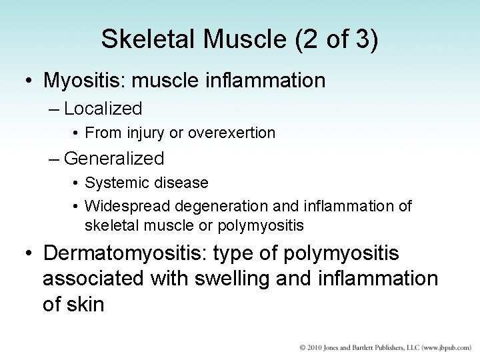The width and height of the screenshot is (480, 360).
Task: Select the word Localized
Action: [103, 109]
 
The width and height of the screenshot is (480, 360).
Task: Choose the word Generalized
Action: [114, 159]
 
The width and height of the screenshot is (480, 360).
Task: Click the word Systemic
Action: [112, 183]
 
